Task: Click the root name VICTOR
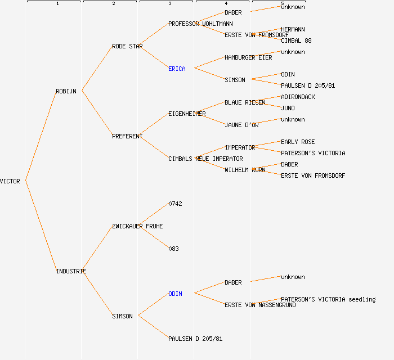[x=10, y=181]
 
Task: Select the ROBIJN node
[x=66, y=91]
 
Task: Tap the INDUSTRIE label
[x=71, y=271]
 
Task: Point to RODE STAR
[x=127, y=46]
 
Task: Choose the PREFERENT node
[x=127, y=136]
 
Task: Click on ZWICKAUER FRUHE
[x=137, y=226]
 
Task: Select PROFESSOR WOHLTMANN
[x=200, y=24]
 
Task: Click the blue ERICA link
[x=177, y=69]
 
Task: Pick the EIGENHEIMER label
[x=187, y=114]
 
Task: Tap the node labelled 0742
[x=175, y=204]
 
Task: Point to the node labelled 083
[x=173, y=249]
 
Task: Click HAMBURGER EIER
[x=248, y=57]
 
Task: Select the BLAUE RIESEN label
[x=245, y=102]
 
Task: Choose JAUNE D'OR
[x=241, y=125]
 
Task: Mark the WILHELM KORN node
[x=245, y=170]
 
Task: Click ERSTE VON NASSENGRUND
[x=260, y=305]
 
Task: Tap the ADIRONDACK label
[x=298, y=97]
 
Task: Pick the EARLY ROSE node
[x=298, y=142]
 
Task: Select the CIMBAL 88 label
[x=296, y=40]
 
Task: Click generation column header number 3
[x=169, y=4]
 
